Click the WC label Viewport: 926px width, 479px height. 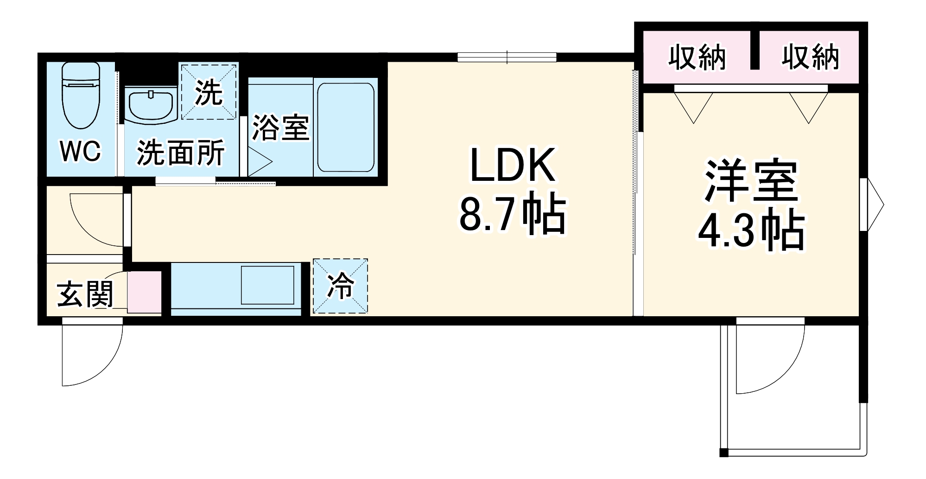pos(80,151)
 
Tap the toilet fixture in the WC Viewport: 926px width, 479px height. pos(81,95)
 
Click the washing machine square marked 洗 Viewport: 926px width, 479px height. pos(208,92)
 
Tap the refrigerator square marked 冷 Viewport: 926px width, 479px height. pos(340,286)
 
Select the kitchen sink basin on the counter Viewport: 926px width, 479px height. pos(267,285)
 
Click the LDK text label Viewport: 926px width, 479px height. pos(512,166)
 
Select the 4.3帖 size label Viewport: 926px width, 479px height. pos(751,230)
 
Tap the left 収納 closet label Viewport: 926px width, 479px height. pos(697,57)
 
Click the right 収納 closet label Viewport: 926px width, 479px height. pos(810,57)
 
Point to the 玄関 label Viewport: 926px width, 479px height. pos(85,294)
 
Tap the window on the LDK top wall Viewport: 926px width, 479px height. pos(507,57)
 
